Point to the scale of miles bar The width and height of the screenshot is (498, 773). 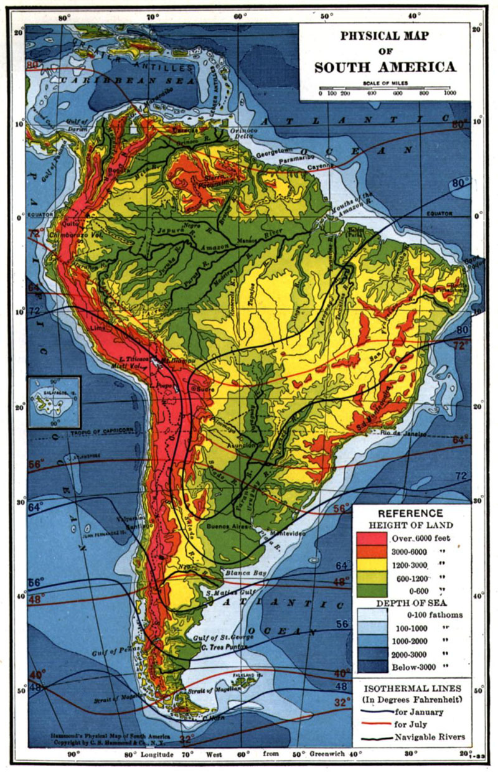point(385,88)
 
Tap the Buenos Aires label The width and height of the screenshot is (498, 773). point(228,526)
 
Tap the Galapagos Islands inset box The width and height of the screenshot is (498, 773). point(54,402)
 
